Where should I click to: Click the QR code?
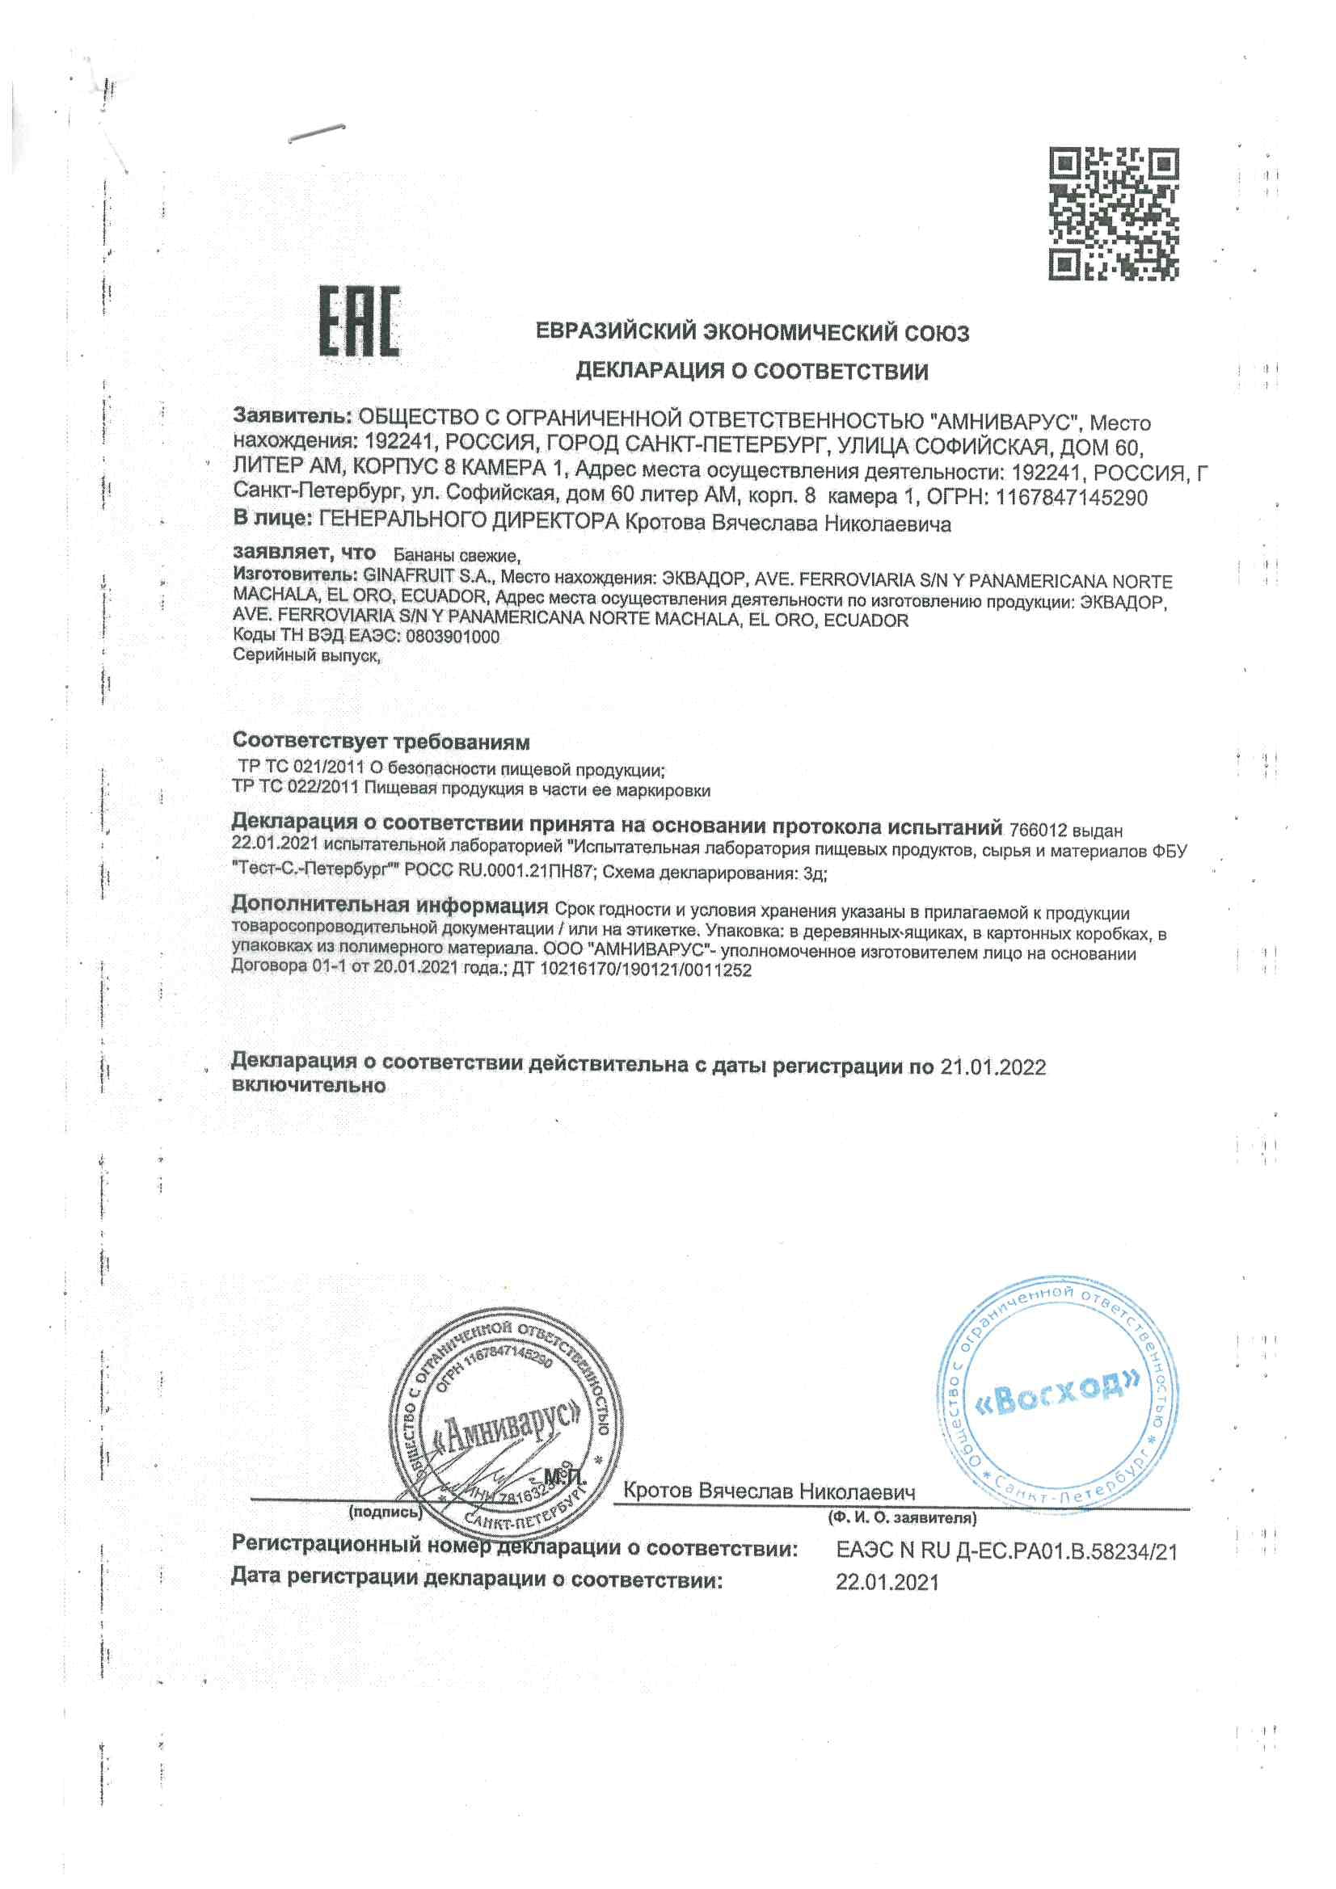(1113, 213)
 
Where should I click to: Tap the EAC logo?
(360, 322)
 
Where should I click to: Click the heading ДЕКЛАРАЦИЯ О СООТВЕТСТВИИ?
(752, 372)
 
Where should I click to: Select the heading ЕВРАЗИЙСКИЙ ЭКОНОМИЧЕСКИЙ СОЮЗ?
(752, 332)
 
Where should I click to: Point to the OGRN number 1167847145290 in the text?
(1071, 497)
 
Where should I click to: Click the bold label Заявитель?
(293, 414)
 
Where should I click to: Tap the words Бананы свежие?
(456, 555)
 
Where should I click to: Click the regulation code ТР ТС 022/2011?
(296, 790)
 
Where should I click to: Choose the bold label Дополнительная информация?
(390, 906)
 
